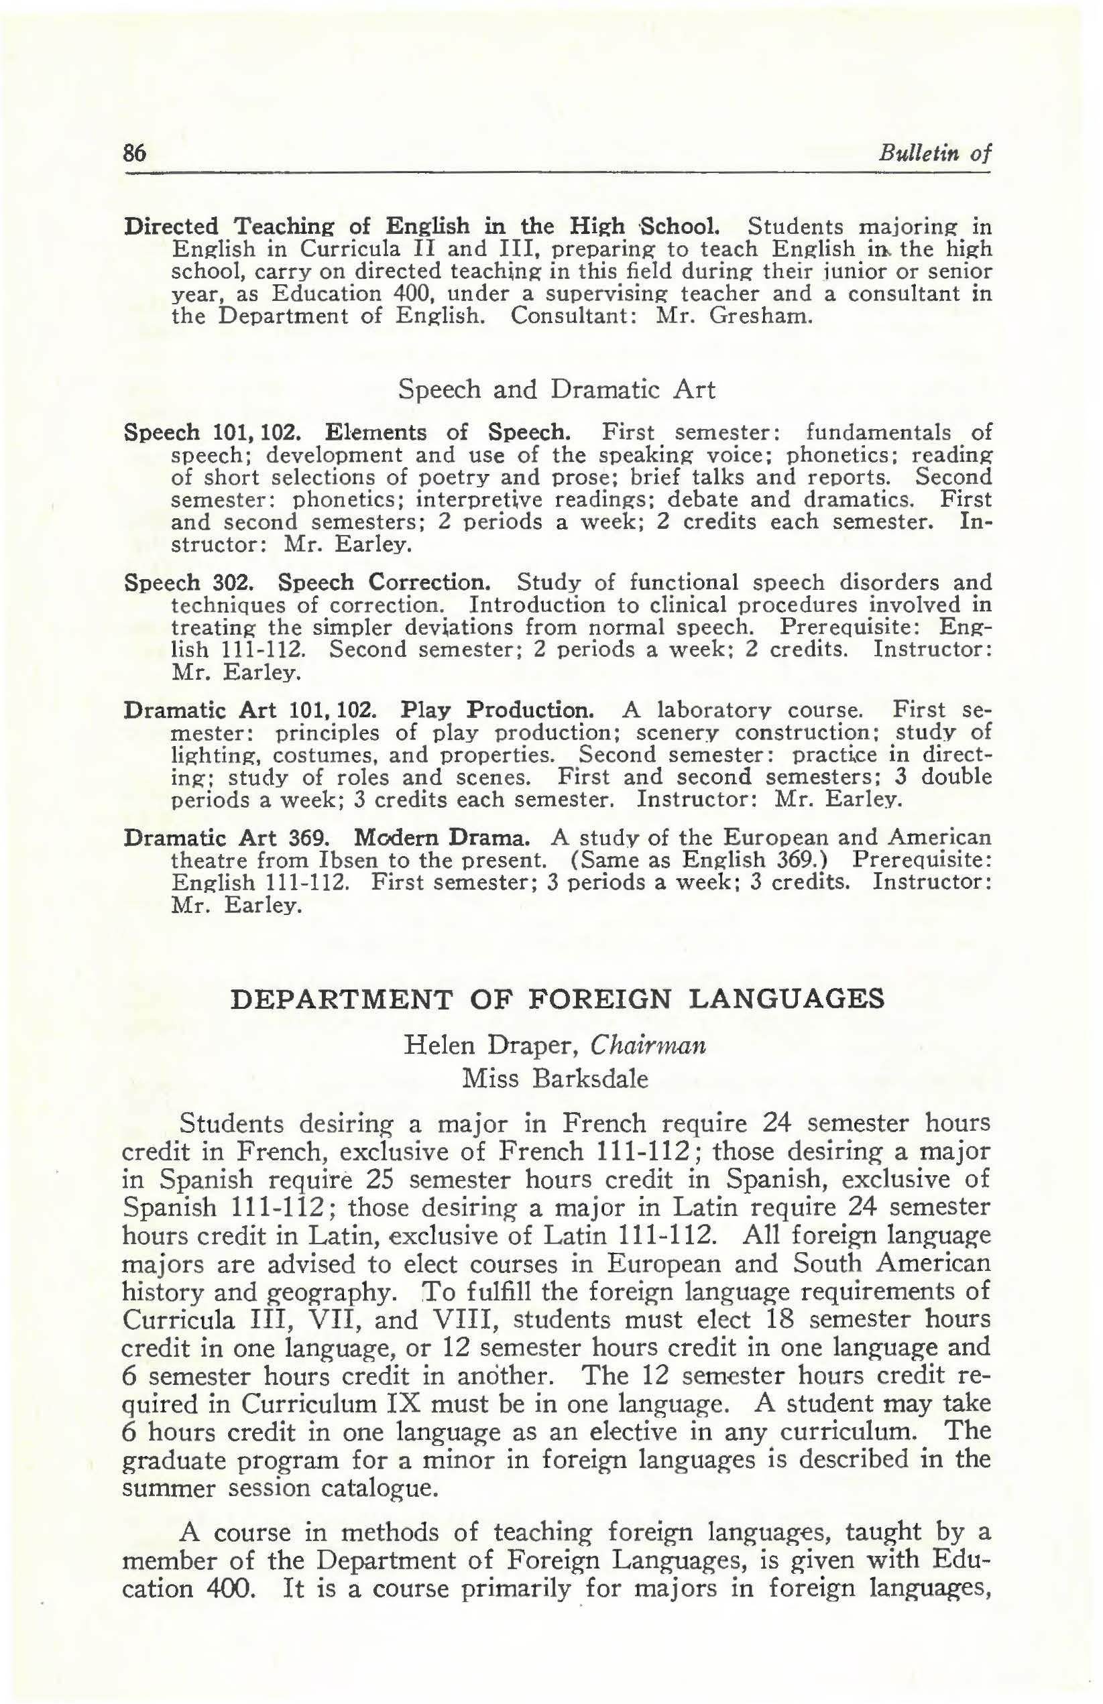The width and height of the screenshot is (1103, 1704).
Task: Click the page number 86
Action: [x=135, y=154]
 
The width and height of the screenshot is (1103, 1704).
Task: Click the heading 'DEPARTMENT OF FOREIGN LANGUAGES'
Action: [x=557, y=999]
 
